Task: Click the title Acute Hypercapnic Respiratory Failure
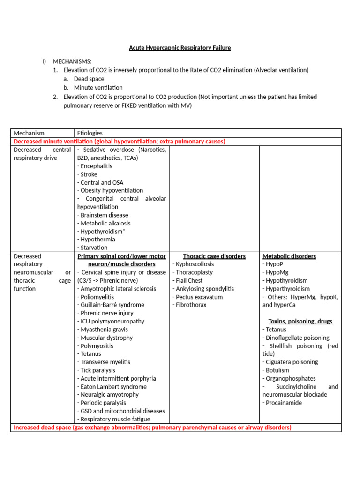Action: (180, 48)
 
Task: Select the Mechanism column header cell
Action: (29, 133)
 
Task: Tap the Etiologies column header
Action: (90, 133)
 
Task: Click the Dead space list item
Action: (89, 79)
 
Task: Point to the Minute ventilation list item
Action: (98, 88)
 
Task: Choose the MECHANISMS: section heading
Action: (72, 61)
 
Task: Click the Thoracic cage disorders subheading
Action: (214, 256)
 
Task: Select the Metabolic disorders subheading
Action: (289, 256)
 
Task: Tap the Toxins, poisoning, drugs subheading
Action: (300, 321)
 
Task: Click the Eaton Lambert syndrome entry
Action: (112, 387)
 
